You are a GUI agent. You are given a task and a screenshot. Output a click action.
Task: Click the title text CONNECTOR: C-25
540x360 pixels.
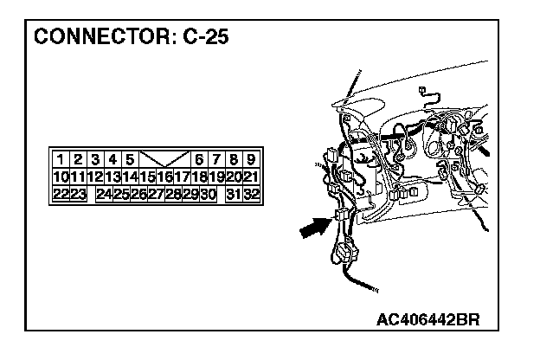point(132,39)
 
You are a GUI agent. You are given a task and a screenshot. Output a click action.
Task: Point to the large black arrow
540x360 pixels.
point(315,229)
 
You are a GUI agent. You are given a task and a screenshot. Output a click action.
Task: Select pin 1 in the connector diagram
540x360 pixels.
point(61,159)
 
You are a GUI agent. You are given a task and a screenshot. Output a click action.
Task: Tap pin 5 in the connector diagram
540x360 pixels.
point(130,159)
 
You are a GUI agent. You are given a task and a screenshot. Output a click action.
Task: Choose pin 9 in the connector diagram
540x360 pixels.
point(250,159)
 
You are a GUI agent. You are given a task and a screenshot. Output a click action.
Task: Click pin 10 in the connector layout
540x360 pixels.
point(61,177)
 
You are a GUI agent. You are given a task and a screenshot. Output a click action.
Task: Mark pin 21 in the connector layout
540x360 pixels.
point(250,177)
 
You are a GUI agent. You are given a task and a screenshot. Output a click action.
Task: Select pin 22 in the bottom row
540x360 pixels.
point(61,194)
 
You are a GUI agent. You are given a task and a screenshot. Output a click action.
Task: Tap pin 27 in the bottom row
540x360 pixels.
point(156,194)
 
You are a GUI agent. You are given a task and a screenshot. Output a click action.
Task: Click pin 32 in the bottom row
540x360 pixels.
point(252,194)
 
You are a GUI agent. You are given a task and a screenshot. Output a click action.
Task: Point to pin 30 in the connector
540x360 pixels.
point(208,194)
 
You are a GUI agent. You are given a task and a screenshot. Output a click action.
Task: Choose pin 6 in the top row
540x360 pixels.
point(199,159)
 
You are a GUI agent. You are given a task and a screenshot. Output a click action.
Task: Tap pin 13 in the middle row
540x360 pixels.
point(112,177)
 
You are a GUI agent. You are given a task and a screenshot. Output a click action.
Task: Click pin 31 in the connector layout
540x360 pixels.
point(234,194)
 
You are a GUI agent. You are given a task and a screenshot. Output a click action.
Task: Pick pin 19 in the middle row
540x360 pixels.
point(215,177)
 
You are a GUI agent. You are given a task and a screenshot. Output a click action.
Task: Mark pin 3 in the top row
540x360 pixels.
point(95,159)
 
